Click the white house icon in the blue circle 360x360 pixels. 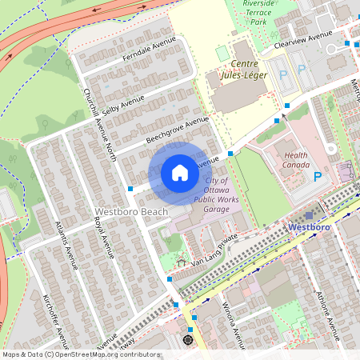coord(180,173)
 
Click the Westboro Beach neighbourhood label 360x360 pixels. coord(130,212)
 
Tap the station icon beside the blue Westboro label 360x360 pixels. coord(309,215)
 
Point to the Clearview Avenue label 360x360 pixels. coord(302,39)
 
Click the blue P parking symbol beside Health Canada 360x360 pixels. coord(318,177)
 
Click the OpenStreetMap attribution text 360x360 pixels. coord(80,354)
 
